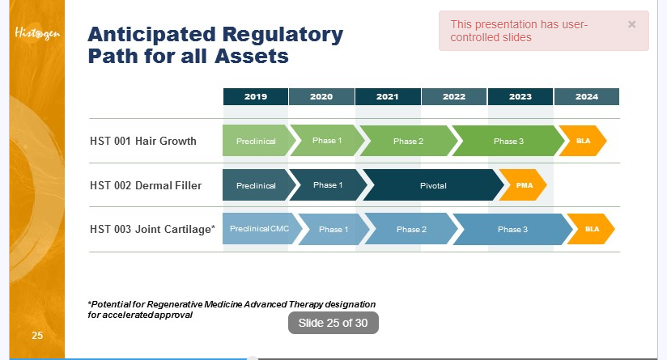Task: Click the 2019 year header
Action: [256, 96]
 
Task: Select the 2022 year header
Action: [454, 96]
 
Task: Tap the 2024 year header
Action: [587, 96]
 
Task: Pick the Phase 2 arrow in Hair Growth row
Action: [408, 141]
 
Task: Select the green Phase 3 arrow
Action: [508, 141]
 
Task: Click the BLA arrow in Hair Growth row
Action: [583, 141]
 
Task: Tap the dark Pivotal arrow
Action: [433, 185]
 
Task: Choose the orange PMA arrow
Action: [523, 185]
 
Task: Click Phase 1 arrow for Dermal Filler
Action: [328, 185]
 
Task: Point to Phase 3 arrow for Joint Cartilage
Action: [512, 229]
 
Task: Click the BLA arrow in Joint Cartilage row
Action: [591, 229]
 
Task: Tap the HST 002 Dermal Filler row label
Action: [146, 185]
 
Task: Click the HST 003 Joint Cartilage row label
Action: [152, 229]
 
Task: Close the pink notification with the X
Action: [631, 24]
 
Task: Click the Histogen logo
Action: [37, 33]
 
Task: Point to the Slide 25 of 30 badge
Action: [333, 323]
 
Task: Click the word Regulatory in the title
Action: [283, 35]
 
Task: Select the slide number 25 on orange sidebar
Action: [37, 336]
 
